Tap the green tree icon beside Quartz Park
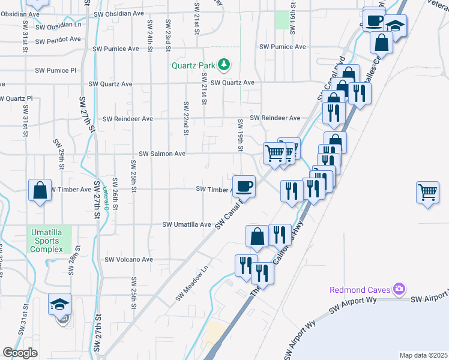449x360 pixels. [224, 63]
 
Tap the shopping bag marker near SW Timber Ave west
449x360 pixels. [40, 191]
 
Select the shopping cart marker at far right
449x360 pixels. [427, 193]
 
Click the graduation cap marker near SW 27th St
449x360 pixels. [60, 304]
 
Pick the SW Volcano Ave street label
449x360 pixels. [129, 260]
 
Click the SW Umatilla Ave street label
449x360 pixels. [187, 224]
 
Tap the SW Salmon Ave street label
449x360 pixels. [162, 154]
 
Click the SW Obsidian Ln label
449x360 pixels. [58, 25]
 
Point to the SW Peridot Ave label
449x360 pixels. [58, 40]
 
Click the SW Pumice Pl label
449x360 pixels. [56, 70]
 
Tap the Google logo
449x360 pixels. [20, 353]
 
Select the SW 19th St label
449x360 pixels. [240, 134]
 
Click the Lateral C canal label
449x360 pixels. [106, 198]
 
